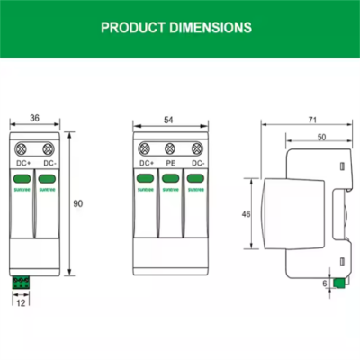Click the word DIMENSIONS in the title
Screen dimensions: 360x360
tap(212, 27)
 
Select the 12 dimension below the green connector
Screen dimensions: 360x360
tap(21, 302)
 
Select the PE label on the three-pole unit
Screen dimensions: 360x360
tap(168, 164)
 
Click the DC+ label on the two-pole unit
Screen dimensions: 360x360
tap(22, 164)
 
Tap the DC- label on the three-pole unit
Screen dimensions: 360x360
tap(192, 164)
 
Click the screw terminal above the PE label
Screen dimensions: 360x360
tap(168, 148)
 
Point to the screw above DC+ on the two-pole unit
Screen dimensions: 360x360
tap(22, 148)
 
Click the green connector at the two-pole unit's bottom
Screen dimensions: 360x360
tap(20, 281)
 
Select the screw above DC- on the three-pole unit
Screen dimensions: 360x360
tap(192, 148)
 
